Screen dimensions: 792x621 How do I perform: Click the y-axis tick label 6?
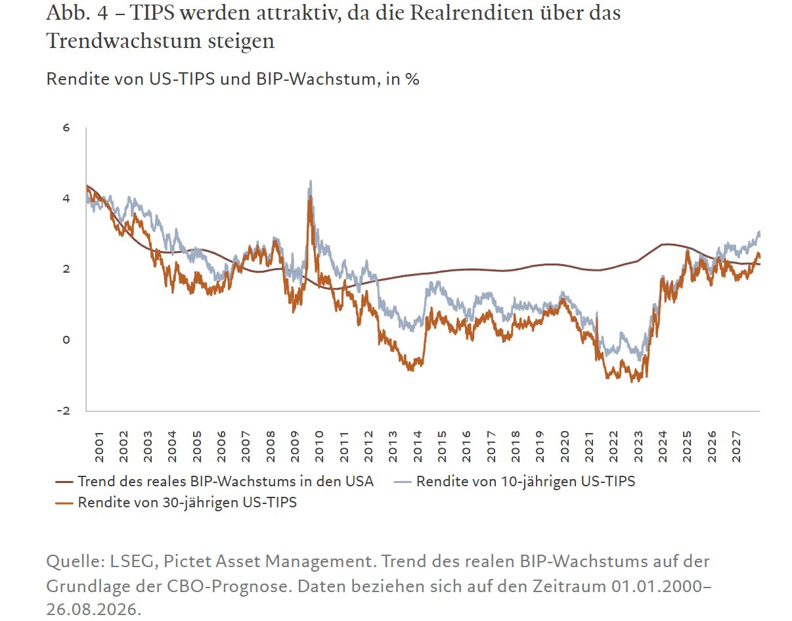point(66,127)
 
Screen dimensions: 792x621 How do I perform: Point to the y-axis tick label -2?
point(64,411)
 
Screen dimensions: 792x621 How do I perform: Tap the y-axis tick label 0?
point(66,340)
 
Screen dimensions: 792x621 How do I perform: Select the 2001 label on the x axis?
point(99,447)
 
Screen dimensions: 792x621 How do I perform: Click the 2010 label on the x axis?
point(319,447)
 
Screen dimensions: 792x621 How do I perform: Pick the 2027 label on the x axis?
point(736,447)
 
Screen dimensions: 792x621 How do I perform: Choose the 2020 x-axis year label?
point(565,447)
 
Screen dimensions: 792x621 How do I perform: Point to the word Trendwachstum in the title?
point(123,41)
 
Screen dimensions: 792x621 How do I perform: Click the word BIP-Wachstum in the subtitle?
point(316,79)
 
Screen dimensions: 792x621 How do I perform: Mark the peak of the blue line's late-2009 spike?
point(311,181)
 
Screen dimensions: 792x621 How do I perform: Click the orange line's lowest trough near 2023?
point(632,382)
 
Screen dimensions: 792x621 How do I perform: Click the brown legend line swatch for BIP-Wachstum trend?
point(64,482)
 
